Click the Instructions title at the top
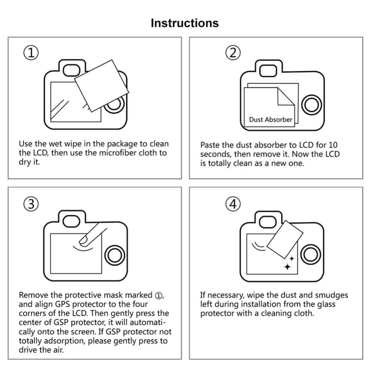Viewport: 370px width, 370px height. point(184,23)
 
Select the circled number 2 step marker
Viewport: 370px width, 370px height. point(233,53)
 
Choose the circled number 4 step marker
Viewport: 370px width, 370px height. point(233,204)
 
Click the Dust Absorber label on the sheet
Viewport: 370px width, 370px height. point(270,120)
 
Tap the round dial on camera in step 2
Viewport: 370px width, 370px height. point(311,106)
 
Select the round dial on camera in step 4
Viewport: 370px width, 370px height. point(310,256)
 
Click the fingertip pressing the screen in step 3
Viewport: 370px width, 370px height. point(85,240)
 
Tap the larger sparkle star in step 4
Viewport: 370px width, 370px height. point(287,266)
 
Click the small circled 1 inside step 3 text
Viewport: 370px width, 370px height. point(159,296)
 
